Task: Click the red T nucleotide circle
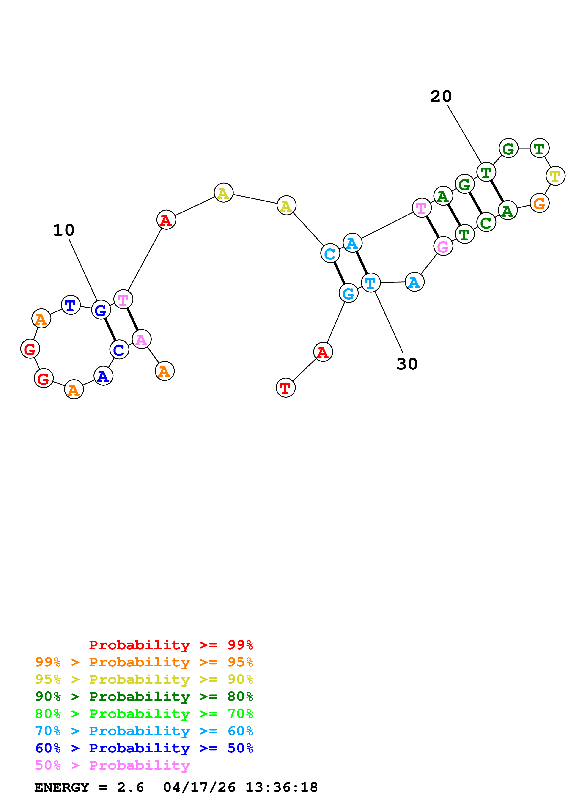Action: (x=285, y=388)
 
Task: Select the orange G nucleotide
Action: (x=539, y=203)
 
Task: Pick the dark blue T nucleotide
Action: (x=71, y=305)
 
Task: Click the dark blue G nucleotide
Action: (x=101, y=310)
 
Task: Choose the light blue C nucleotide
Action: (x=330, y=253)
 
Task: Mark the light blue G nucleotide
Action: (x=348, y=293)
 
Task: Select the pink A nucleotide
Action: (x=141, y=339)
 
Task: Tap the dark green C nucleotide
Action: (x=486, y=222)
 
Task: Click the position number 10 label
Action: (x=64, y=230)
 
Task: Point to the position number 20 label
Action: (x=441, y=96)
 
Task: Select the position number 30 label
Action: (x=407, y=364)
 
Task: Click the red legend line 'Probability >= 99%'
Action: (x=171, y=645)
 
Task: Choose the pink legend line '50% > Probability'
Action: (x=112, y=765)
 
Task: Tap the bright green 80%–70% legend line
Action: (x=144, y=714)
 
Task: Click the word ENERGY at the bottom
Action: (x=62, y=787)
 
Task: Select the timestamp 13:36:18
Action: (x=281, y=787)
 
